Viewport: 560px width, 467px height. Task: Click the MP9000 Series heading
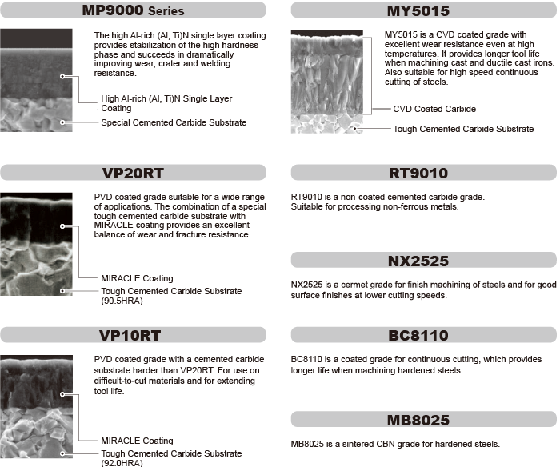(x=133, y=11)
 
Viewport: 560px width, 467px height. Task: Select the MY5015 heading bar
(x=423, y=11)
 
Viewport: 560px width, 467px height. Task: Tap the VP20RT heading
(x=133, y=173)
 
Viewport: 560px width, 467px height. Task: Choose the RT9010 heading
(x=423, y=173)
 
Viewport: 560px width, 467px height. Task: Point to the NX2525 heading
(x=423, y=261)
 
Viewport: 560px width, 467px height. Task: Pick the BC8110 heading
(x=423, y=335)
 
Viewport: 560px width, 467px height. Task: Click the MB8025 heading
(x=423, y=420)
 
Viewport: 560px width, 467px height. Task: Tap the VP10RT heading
(x=133, y=335)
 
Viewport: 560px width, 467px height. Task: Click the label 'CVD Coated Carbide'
(x=434, y=109)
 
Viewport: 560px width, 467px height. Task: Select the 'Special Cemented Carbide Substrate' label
(x=174, y=122)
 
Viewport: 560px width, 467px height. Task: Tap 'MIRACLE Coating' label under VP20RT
(x=137, y=278)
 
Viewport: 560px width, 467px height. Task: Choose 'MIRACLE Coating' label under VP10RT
(x=137, y=441)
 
